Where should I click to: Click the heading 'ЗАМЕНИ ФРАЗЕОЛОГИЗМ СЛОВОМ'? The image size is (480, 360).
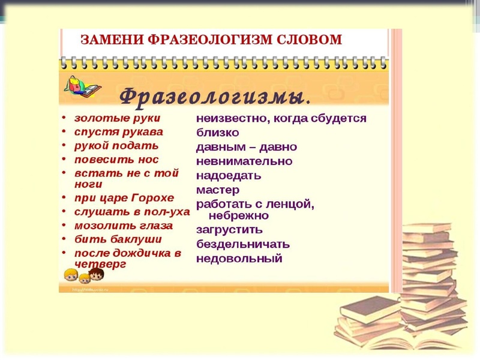tap(211, 40)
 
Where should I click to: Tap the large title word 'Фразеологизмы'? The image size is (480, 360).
tap(214, 96)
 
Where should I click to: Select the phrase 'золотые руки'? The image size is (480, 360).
tap(117, 118)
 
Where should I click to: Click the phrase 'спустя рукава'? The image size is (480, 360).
tap(118, 132)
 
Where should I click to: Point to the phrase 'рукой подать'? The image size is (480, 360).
tap(116, 146)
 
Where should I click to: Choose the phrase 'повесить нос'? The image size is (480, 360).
tap(116, 160)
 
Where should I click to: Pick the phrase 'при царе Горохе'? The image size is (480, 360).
tap(124, 198)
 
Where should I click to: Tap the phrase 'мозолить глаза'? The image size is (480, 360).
tap(123, 226)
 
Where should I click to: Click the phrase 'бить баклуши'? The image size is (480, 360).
tap(118, 239)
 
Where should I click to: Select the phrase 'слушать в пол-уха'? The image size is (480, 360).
tap(132, 212)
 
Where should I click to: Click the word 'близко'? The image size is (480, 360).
tap(217, 133)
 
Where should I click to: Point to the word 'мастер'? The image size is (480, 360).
tap(218, 190)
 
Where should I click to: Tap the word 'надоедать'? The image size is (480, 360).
tap(229, 176)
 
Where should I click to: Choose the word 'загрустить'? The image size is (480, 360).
tap(229, 230)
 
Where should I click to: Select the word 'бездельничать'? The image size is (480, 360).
tap(242, 244)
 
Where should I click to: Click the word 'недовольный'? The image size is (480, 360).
tap(239, 259)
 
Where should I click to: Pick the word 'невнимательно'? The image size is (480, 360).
tap(244, 161)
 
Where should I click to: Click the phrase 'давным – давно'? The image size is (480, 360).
tap(246, 147)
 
